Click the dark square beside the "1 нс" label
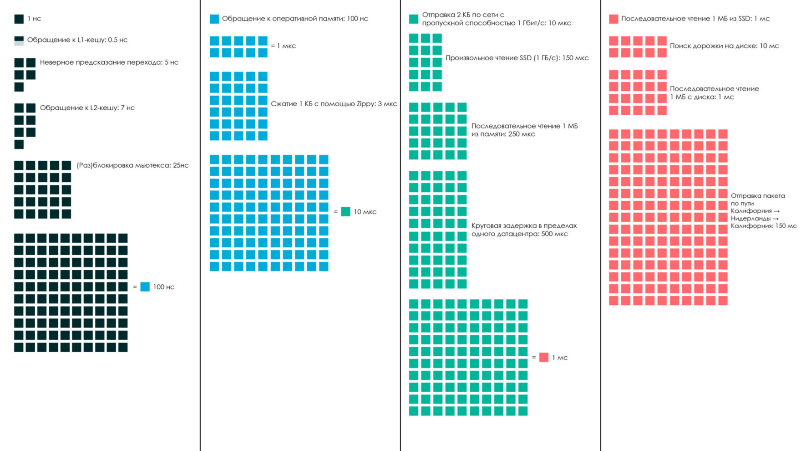[x=19, y=19]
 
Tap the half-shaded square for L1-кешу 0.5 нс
[x=19, y=41]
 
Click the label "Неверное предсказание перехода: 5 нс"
[x=109, y=62]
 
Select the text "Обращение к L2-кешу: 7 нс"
[x=87, y=108]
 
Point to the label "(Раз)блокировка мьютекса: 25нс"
[x=132, y=165]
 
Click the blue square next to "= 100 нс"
[x=145, y=287]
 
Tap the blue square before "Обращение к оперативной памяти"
[x=214, y=19]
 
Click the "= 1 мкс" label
[x=283, y=46]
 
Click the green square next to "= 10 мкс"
[x=345, y=211]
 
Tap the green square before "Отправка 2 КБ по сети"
[x=413, y=19]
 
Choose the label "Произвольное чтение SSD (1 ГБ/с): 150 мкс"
[x=517, y=58]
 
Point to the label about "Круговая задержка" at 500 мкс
[x=524, y=230]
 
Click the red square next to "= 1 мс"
[x=543, y=357]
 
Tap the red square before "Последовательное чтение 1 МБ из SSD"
[x=613, y=19]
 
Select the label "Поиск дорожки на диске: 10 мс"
[x=724, y=46]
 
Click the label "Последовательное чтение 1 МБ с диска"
[x=714, y=93]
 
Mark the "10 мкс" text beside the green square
[x=365, y=212]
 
